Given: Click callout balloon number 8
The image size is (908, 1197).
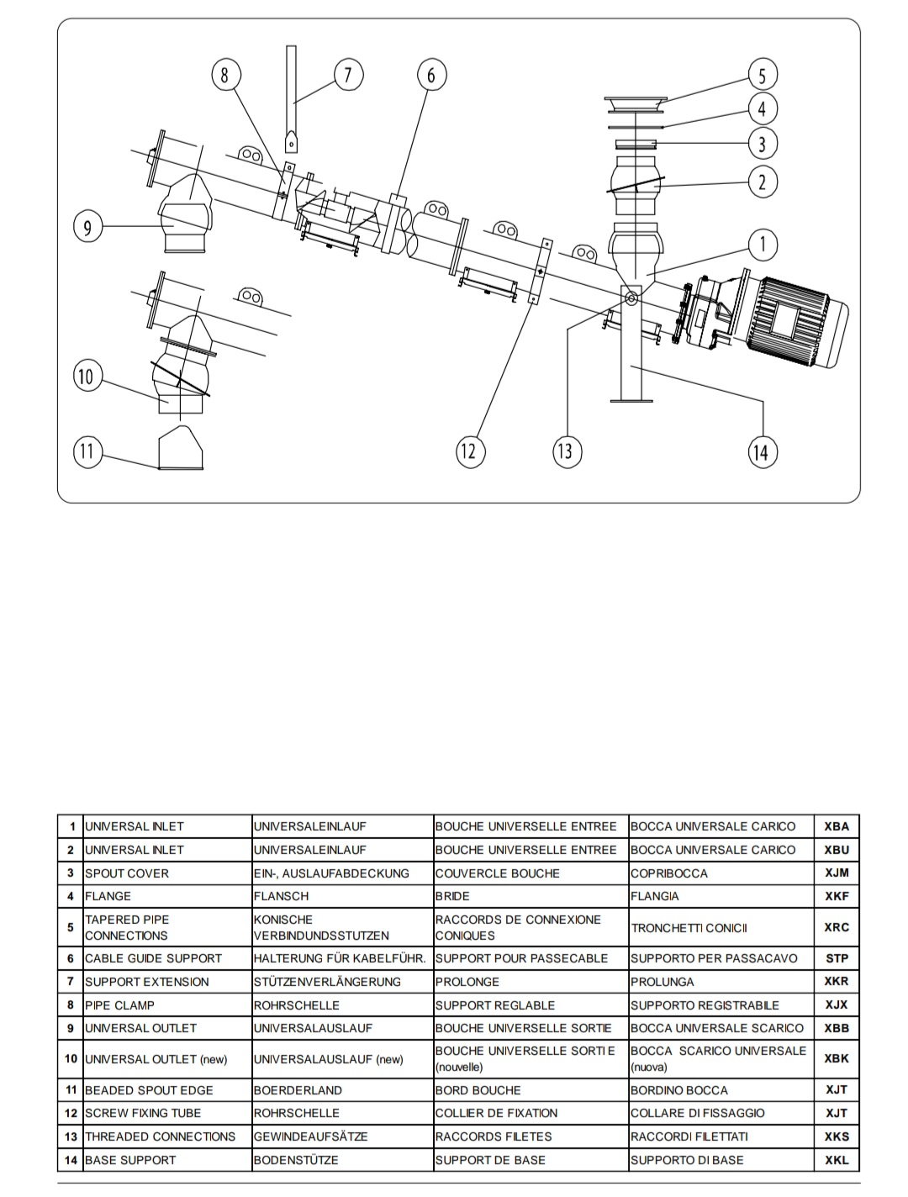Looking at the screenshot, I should pos(224,75).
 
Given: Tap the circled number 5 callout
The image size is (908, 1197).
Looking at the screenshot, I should pos(763,75).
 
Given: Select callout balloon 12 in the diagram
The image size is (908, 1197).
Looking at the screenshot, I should pos(469,451).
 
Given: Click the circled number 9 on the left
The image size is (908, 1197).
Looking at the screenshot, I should pos(87,226).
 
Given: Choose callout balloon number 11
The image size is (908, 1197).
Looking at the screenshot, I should pos(87,451).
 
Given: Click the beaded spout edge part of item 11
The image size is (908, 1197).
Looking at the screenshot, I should pos(181,449).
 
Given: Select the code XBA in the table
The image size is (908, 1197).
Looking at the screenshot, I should pos(836,826).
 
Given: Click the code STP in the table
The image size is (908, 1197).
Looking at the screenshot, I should pos(836,957).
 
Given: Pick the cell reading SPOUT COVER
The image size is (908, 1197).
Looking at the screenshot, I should pos(127,873).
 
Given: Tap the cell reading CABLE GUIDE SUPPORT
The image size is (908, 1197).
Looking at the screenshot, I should pos(153,958).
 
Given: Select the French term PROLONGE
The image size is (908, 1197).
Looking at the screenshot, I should pos(467,982).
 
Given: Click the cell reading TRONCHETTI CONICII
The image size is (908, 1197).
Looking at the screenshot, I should pos(689,928).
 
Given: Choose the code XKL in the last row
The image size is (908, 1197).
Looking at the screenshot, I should pos(836,1160).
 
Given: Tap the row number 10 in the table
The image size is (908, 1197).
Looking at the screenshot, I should pos(71,1059).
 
